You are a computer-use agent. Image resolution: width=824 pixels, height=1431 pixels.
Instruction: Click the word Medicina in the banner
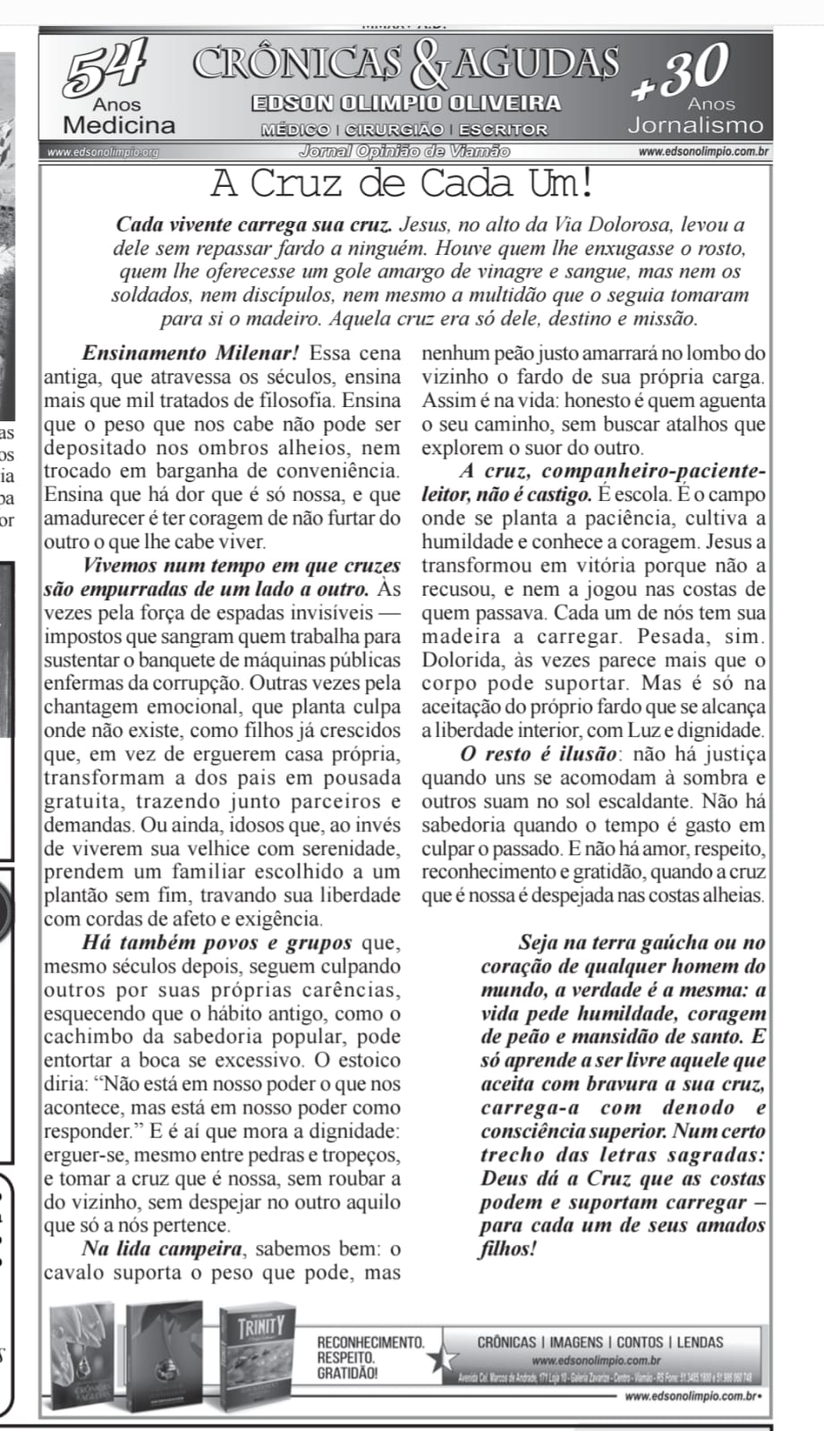119,124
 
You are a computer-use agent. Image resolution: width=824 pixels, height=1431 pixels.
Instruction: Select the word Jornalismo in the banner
696,125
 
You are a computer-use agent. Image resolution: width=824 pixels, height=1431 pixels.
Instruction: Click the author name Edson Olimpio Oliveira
407,103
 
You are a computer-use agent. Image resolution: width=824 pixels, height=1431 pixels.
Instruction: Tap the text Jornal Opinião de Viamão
405,151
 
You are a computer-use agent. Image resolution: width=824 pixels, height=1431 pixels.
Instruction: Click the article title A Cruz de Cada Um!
403,184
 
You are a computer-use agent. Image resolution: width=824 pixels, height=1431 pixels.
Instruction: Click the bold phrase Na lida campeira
162,1249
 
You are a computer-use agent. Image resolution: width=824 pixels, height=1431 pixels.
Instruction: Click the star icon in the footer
439,1359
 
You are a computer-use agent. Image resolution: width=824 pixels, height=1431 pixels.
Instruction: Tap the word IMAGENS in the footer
577,1342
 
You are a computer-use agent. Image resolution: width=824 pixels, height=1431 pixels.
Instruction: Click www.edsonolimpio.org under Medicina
103,152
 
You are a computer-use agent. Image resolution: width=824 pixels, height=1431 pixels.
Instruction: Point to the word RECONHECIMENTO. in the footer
371,1342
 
